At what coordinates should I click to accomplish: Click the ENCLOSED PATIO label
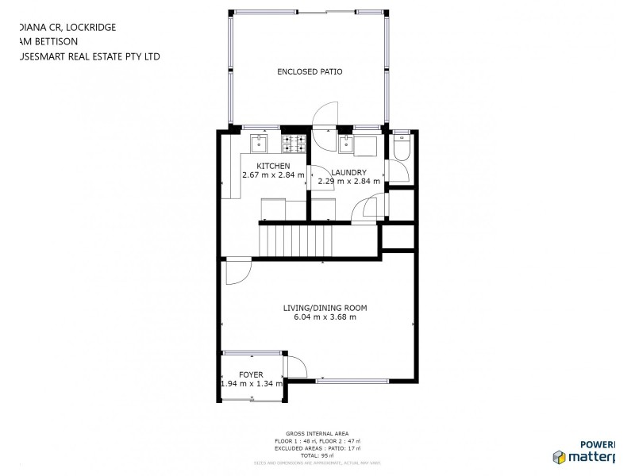pyautogui.click(x=310, y=71)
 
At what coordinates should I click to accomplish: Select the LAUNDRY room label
pyautogui.click(x=348, y=172)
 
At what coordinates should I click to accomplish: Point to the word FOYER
pyautogui.click(x=251, y=374)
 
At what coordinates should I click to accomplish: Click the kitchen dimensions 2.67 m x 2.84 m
pyautogui.click(x=273, y=175)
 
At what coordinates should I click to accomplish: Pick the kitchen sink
pyautogui.click(x=259, y=143)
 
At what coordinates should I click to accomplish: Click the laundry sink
pyautogui.click(x=347, y=144)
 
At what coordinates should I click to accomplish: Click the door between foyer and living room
pyautogui.click(x=295, y=367)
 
